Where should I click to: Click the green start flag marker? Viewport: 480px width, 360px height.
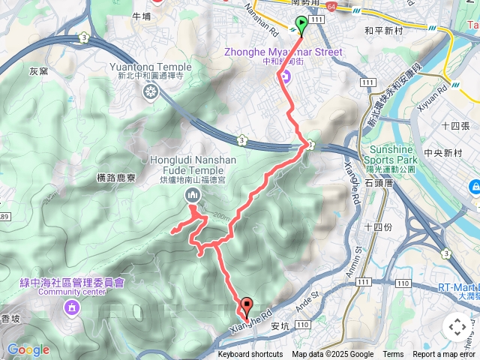pyautogui.click(x=301, y=25)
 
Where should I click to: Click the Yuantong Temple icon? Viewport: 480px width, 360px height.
pyautogui.click(x=151, y=91)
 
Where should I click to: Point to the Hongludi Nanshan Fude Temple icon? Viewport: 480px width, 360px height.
pyautogui.click(x=193, y=196)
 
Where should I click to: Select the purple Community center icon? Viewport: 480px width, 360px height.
pyautogui.click(x=71, y=307)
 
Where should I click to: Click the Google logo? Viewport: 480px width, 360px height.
pyautogui.click(x=28, y=349)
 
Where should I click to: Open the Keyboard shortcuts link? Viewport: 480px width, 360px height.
pyautogui.click(x=250, y=355)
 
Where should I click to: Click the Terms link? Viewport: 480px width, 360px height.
pyautogui.click(x=393, y=355)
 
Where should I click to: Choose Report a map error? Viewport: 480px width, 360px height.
pyautogui.click(x=445, y=355)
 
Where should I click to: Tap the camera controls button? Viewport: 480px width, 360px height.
pyautogui.click(x=457, y=327)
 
